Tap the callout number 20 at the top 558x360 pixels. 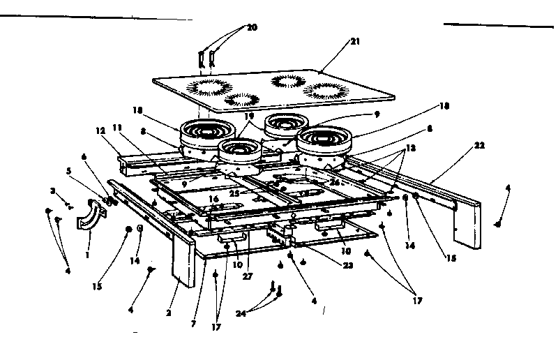coord(252,27)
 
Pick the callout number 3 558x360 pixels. coord(52,191)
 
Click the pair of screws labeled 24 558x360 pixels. coord(276,292)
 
